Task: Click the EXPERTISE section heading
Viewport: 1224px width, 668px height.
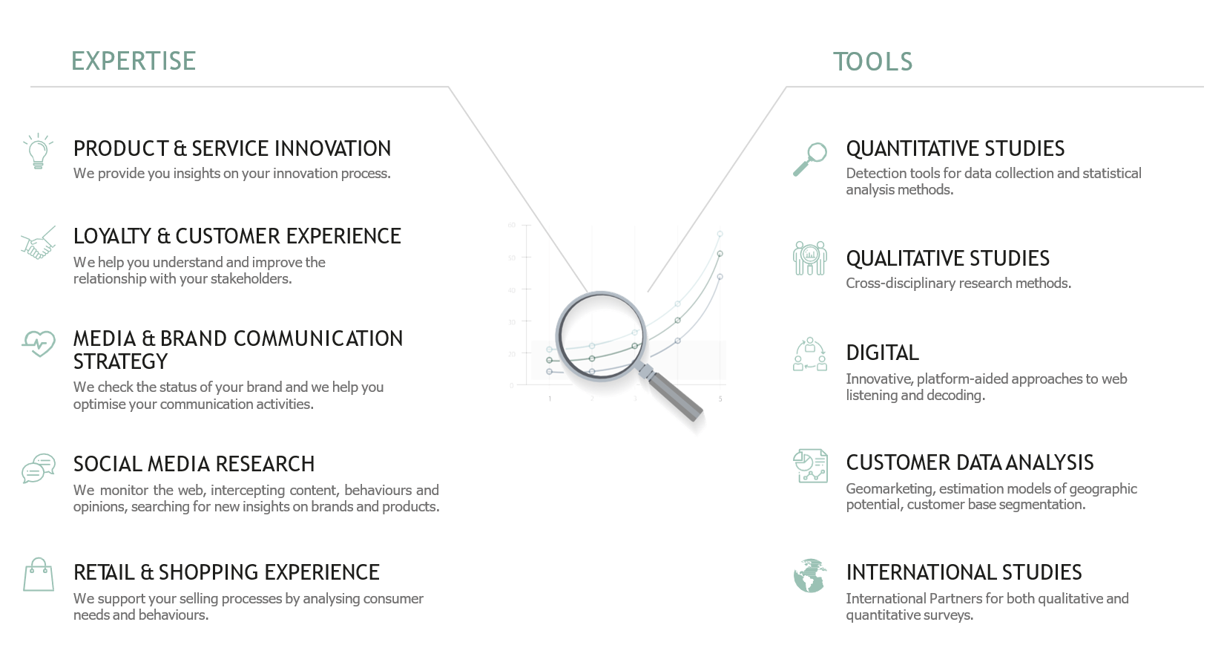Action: pyautogui.click(x=134, y=61)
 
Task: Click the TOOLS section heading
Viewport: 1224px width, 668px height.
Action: pyautogui.click(x=872, y=62)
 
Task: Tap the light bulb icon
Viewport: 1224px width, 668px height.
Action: pyautogui.click(x=38, y=151)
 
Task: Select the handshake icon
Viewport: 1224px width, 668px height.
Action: pyautogui.click(x=39, y=243)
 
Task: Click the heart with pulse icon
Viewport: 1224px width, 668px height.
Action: pyautogui.click(x=39, y=344)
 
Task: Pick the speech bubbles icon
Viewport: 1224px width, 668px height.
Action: pyautogui.click(x=39, y=468)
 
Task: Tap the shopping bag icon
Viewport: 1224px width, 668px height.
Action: pyautogui.click(x=39, y=574)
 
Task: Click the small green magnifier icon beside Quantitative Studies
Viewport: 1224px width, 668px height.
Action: pyautogui.click(x=810, y=159)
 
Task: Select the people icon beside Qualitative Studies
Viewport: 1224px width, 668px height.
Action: pyautogui.click(x=810, y=258)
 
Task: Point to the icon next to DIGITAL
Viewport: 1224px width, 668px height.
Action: pyautogui.click(x=810, y=354)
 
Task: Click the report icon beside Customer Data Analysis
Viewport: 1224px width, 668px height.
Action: pyautogui.click(x=810, y=465)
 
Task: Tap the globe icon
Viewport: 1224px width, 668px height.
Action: pyautogui.click(x=810, y=576)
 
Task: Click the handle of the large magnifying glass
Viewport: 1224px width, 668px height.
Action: pyautogui.click(x=675, y=396)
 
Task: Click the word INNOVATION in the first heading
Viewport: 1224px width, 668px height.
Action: pyautogui.click(x=333, y=148)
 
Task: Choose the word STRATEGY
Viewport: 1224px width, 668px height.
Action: pyautogui.click(x=120, y=362)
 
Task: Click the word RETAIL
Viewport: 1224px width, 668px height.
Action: pyautogui.click(x=104, y=572)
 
